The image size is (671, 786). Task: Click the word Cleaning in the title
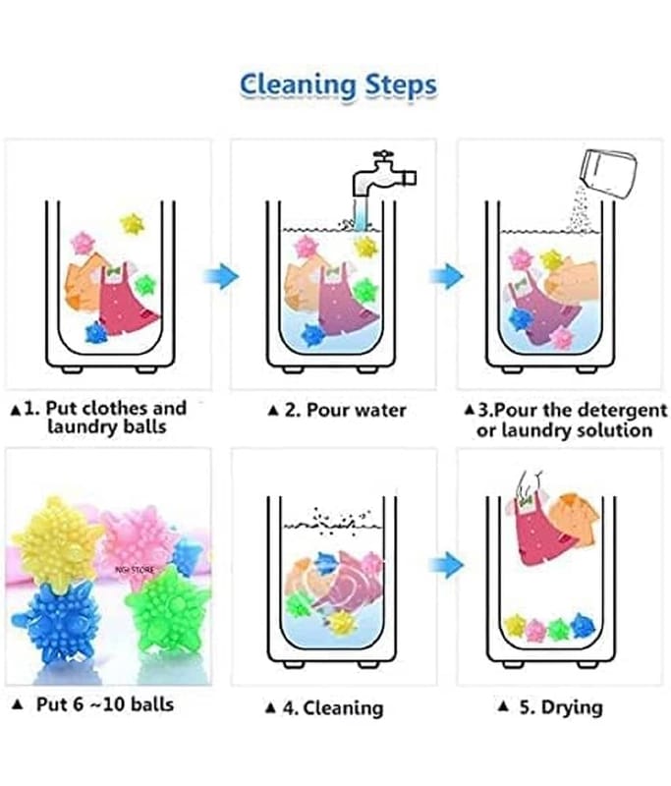pyautogui.click(x=297, y=85)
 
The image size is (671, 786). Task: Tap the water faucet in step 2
pyautogui.click(x=383, y=175)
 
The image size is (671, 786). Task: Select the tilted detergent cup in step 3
pyautogui.click(x=608, y=174)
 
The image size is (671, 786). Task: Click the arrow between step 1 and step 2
pyautogui.click(x=221, y=276)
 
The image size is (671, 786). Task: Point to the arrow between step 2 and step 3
pyautogui.click(x=446, y=276)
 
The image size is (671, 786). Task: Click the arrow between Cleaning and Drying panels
pyautogui.click(x=446, y=566)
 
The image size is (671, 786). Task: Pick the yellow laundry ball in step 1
pyautogui.click(x=133, y=224)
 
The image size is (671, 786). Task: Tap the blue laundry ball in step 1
pyautogui.click(x=95, y=332)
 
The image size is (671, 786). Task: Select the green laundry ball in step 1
pyautogui.click(x=145, y=285)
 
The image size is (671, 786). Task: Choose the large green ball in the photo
pyautogui.click(x=168, y=609)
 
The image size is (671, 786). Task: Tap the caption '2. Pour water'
pyautogui.click(x=337, y=410)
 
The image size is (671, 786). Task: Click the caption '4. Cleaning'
pyautogui.click(x=325, y=707)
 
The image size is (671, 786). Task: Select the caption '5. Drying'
pyautogui.click(x=551, y=707)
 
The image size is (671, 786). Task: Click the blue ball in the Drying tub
pyautogui.click(x=582, y=625)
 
